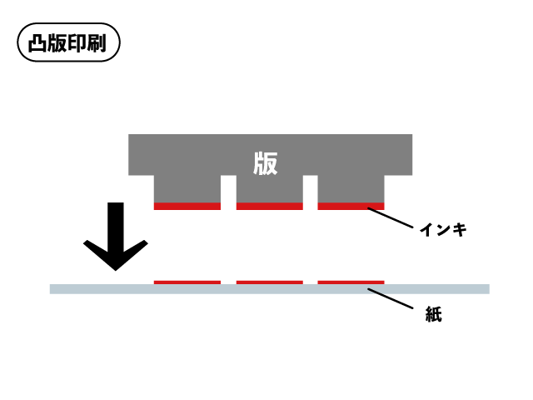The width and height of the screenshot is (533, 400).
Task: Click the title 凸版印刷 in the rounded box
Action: [x=69, y=43]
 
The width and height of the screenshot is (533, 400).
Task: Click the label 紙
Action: [x=432, y=315]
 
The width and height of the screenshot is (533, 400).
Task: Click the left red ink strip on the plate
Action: [x=187, y=206]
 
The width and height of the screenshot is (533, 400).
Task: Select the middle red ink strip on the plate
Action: [x=269, y=206]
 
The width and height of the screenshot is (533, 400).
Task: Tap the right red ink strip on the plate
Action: [x=351, y=206]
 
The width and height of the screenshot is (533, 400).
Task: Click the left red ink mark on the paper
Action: [x=187, y=282]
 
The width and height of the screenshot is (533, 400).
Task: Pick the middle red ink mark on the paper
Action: [x=269, y=282]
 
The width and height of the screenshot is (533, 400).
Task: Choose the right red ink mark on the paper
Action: [x=351, y=282]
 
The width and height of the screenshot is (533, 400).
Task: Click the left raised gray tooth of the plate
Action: [x=187, y=189]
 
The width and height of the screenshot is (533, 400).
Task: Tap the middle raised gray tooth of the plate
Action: [x=269, y=189]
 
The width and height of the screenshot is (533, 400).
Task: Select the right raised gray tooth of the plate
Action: [x=351, y=189]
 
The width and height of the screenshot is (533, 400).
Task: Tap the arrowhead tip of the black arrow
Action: [x=116, y=269]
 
